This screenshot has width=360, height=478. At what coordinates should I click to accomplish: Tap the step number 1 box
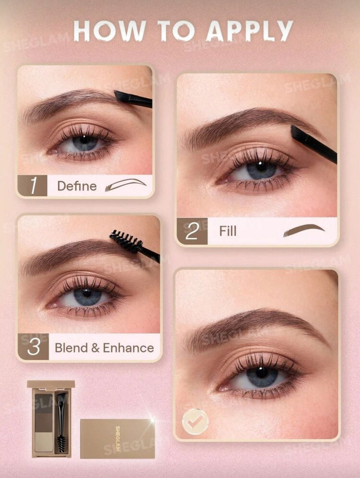click(32, 186)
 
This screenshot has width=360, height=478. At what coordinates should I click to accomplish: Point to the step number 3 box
click(33, 346)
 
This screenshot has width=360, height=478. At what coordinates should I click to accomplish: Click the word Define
click(77, 186)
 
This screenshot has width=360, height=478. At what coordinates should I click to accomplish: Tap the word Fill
click(228, 231)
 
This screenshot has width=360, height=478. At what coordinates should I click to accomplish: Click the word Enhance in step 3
click(128, 348)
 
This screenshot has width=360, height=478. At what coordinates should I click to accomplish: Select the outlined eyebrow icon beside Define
click(125, 184)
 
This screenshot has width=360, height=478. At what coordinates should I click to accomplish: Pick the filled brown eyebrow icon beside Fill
click(303, 230)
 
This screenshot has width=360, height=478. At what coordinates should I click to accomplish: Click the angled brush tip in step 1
click(122, 96)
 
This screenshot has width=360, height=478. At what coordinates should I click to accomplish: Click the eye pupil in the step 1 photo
click(84, 140)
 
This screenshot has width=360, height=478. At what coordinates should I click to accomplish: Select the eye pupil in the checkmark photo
click(261, 372)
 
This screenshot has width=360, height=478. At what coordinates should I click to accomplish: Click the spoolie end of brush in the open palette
click(61, 444)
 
